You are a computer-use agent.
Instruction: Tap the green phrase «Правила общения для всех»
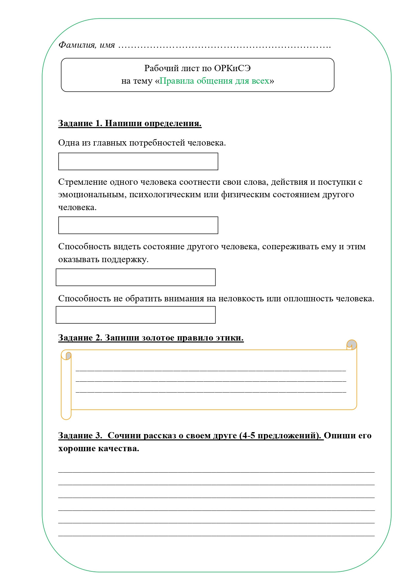(x=214, y=81)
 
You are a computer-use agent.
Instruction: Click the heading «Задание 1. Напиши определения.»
(x=130, y=123)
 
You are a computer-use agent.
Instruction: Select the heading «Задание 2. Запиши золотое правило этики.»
(x=151, y=338)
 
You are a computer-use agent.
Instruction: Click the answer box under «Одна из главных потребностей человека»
(x=138, y=161)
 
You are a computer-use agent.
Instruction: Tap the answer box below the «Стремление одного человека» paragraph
(x=138, y=225)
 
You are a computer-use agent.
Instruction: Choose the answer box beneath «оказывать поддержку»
(x=136, y=277)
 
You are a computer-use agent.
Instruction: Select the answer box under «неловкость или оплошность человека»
(x=136, y=315)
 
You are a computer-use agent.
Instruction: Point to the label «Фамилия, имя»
(x=87, y=45)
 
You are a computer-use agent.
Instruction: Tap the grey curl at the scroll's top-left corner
(x=68, y=356)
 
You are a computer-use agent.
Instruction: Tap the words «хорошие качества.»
(x=98, y=449)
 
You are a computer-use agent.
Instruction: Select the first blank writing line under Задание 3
(x=216, y=472)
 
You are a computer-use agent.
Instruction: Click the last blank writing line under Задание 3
(x=216, y=536)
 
